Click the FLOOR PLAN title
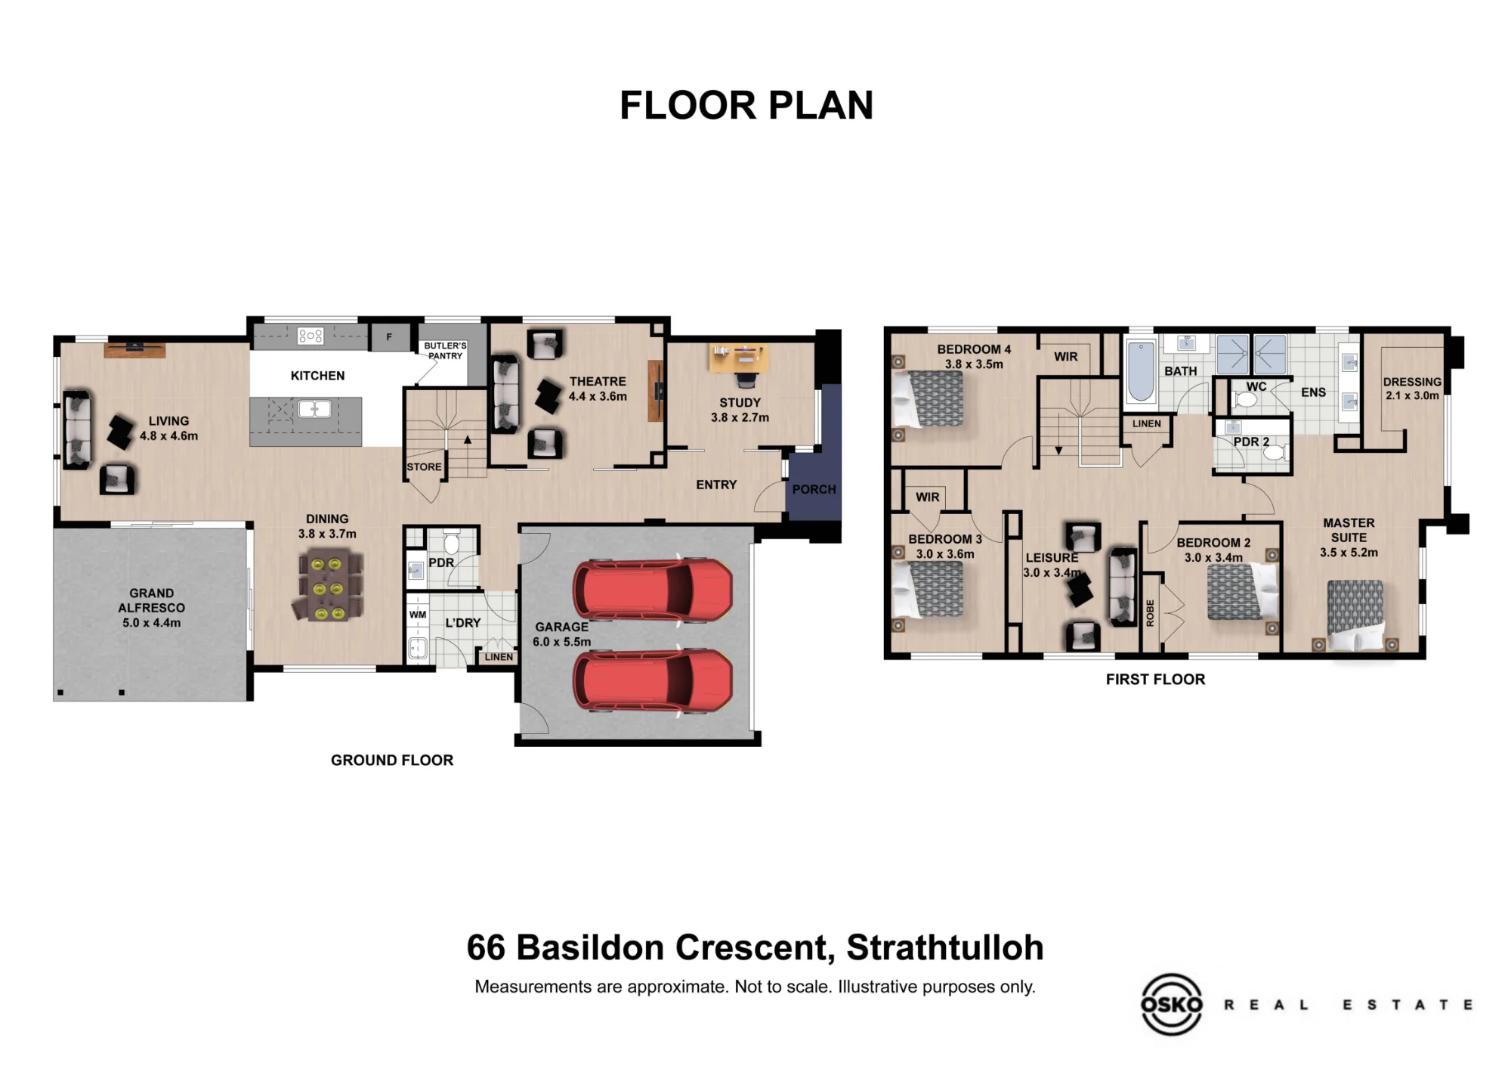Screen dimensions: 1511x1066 tap(746, 105)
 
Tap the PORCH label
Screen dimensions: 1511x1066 tap(814, 489)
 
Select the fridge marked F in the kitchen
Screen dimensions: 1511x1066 tap(389, 337)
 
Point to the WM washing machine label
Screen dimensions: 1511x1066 tap(418, 615)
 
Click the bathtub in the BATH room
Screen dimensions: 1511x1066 tap(1141, 371)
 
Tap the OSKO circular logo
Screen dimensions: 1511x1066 tap(1171, 1004)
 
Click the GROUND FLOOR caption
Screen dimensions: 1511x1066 tap(392, 761)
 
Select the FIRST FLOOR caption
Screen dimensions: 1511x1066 tap(1155, 680)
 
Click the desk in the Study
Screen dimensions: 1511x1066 tap(739, 358)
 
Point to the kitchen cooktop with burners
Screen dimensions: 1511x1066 tap(311, 336)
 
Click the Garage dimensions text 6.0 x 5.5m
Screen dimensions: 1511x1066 tap(561, 642)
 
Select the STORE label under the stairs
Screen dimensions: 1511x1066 tap(424, 467)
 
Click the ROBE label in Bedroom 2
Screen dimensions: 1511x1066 tap(1150, 613)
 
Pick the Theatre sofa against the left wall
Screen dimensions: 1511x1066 tap(505, 394)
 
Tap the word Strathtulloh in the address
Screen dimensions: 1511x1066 tap(944, 948)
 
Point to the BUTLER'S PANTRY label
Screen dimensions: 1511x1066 tap(445, 351)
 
